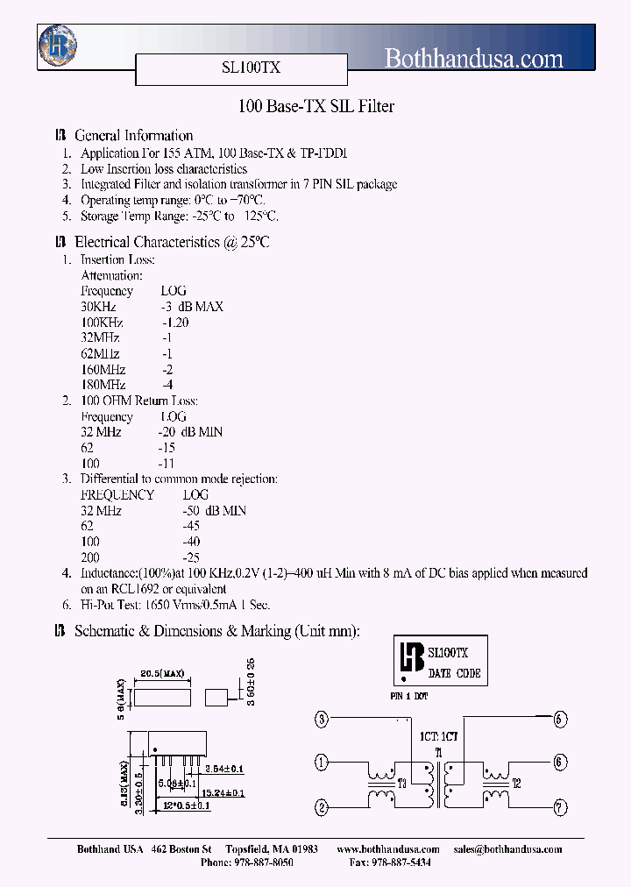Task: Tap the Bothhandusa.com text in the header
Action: tap(474, 59)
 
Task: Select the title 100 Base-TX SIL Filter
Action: tap(316, 107)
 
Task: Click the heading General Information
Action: tap(133, 136)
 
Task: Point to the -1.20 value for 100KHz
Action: tap(175, 322)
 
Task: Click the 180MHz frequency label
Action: tap(103, 385)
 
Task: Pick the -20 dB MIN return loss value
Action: tap(190, 432)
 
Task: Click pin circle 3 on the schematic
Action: tap(322, 720)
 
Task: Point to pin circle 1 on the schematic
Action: tap(322, 761)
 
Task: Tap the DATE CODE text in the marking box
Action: tap(454, 673)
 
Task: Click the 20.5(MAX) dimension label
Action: tap(162, 674)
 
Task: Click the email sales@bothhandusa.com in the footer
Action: tap(507, 849)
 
